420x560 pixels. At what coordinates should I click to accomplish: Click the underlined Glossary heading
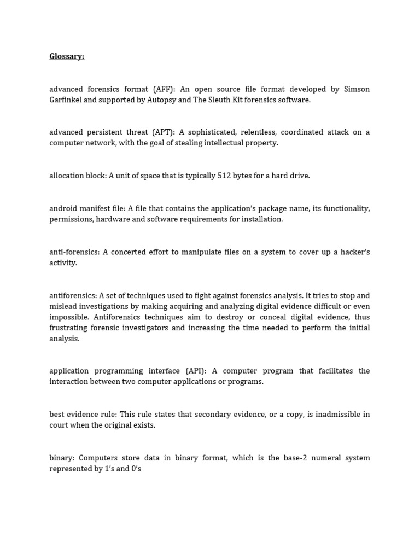coord(67,56)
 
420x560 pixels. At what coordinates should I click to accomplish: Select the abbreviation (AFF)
coord(163,89)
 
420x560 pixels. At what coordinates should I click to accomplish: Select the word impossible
coord(69,317)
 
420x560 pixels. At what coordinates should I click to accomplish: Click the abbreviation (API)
coord(196,371)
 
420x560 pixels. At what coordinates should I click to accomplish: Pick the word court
coord(59,425)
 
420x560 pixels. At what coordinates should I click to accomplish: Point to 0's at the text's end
coord(136,469)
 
